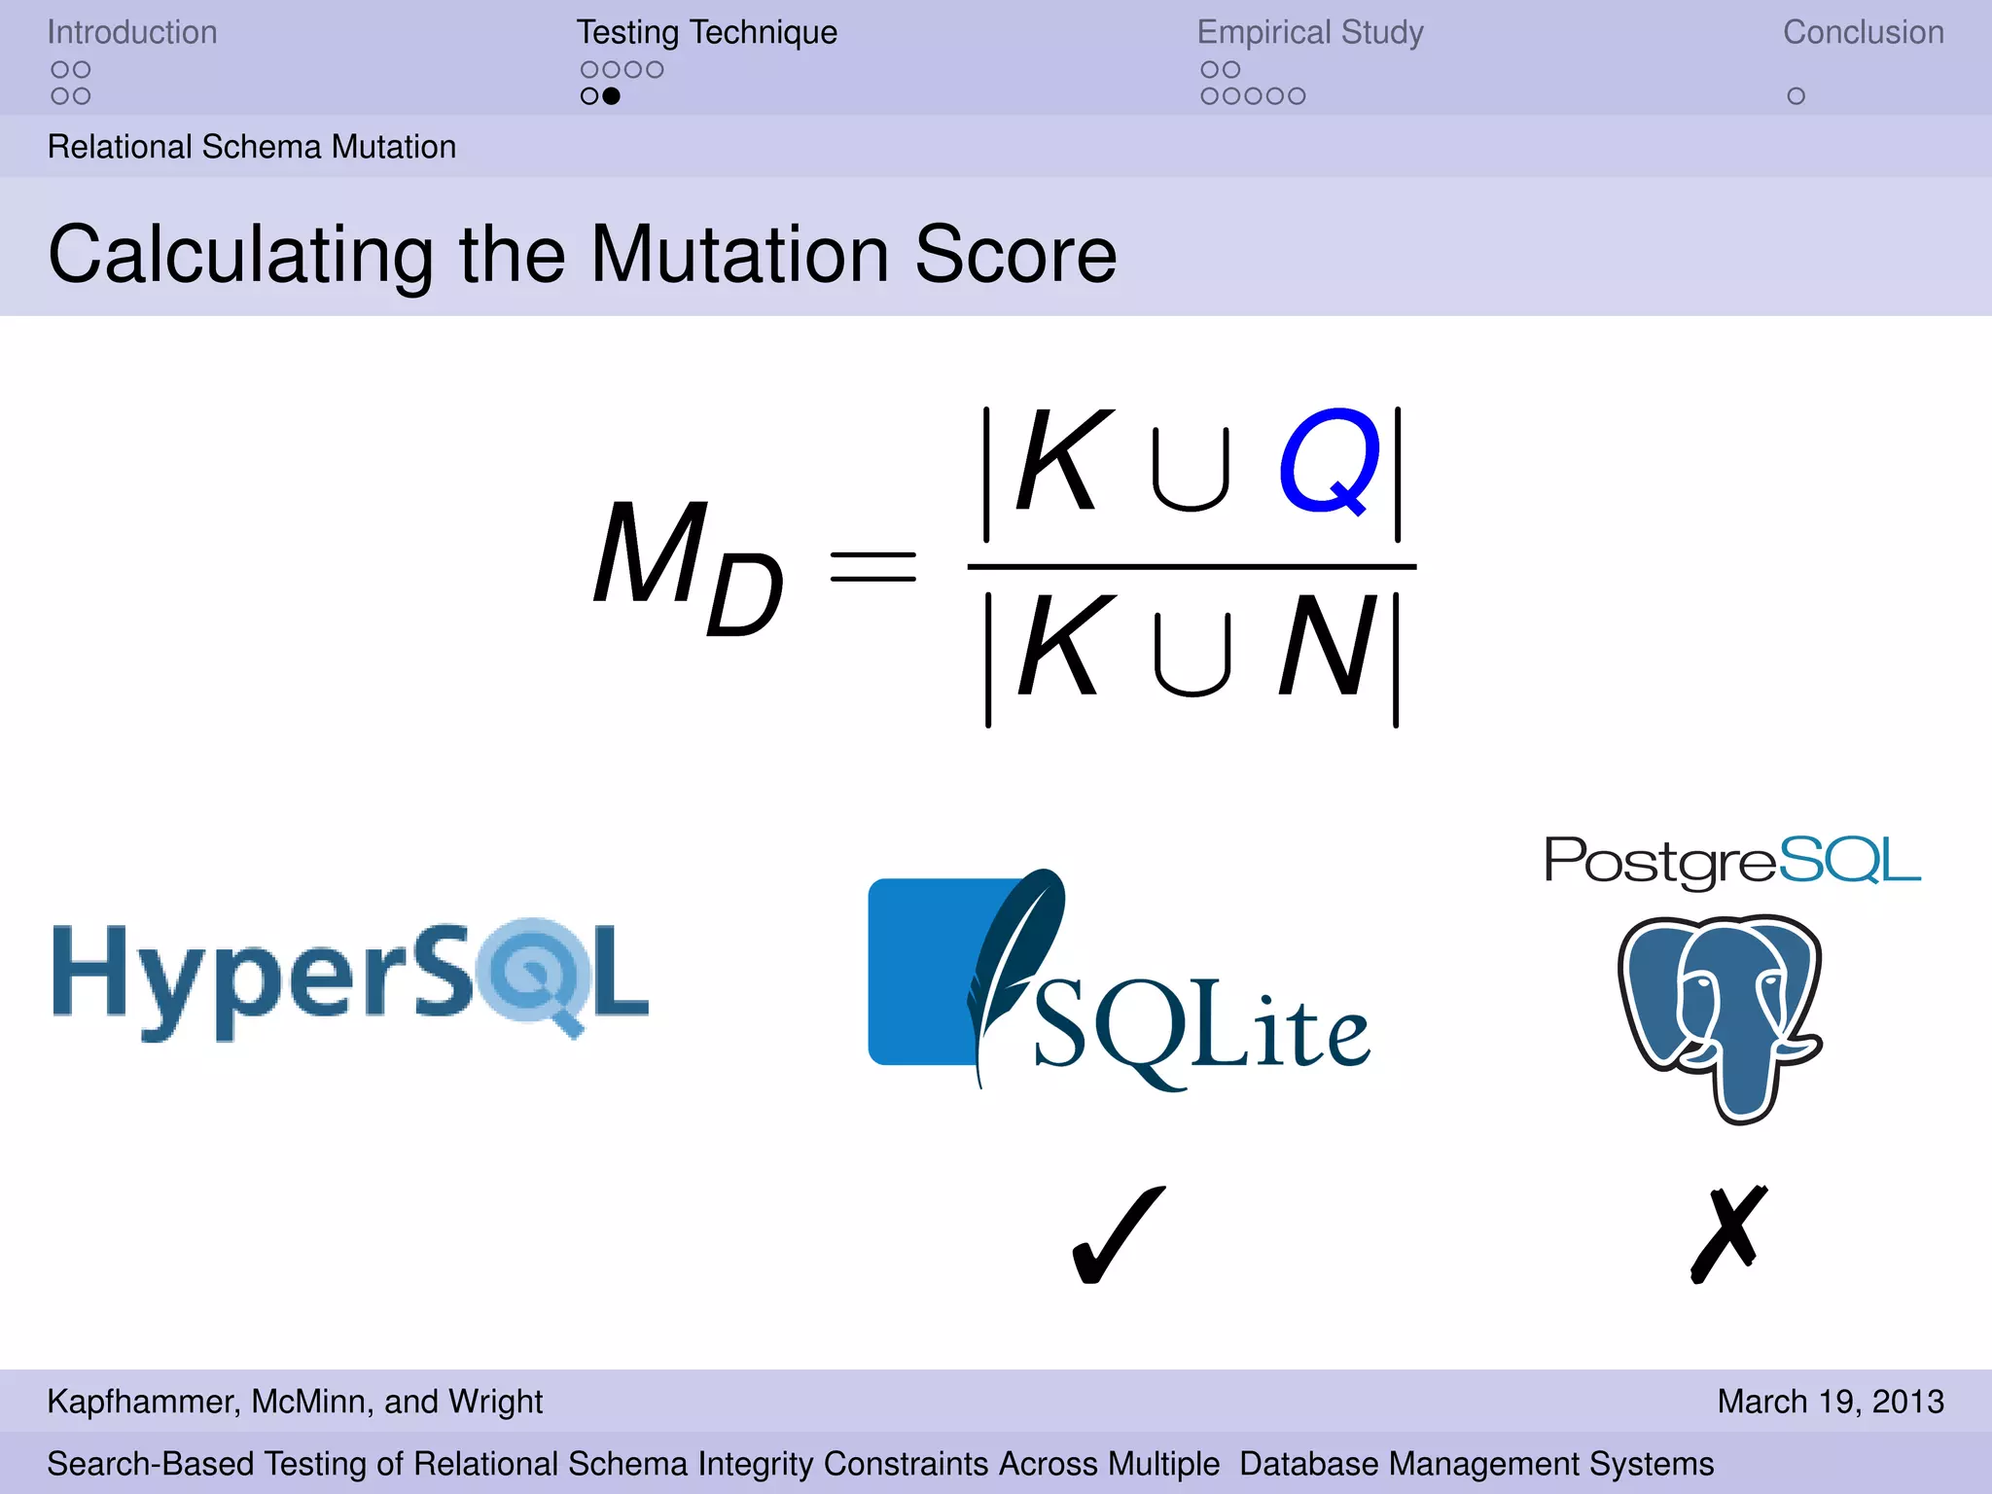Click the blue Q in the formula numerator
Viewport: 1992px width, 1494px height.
point(1330,462)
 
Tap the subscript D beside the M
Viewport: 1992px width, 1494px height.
point(744,594)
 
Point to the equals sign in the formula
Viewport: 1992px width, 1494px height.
point(872,566)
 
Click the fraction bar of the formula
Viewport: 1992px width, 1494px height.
point(1192,566)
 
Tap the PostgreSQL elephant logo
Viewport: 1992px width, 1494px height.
point(1720,1016)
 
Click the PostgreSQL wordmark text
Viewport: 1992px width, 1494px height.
point(1732,861)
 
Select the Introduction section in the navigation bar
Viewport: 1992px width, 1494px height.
point(132,32)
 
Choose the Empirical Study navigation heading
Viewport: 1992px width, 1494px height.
point(1310,32)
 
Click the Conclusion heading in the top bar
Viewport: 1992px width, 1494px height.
point(1863,32)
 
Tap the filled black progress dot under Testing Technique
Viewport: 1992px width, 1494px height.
point(611,96)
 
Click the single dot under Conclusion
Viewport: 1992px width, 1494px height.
point(1796,96)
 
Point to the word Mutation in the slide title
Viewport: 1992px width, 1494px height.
point(739,255)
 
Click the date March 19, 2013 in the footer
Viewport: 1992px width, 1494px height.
point(1830,1402)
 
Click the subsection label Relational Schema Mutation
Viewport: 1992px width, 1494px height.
point(252,147)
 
